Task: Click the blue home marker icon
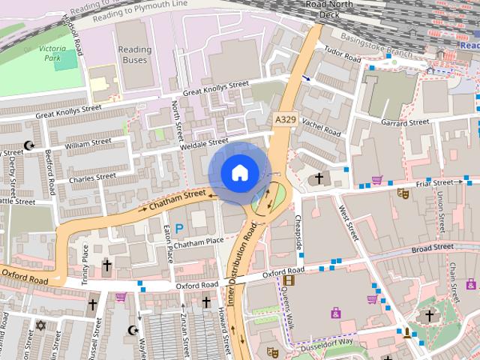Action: click(238, 172)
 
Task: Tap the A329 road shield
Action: click(285, 119)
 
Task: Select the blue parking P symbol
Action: click(178, 227)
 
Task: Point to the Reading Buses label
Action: click(134, 55)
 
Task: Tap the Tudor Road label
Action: click(342, 55)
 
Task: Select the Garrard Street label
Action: click(405, 122)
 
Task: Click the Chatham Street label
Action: click(177, 200)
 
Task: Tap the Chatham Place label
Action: click(199, 241)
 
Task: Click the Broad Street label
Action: click(432, 247)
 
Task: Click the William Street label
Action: click(88, 142)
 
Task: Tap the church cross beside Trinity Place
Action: click(106, 265)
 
